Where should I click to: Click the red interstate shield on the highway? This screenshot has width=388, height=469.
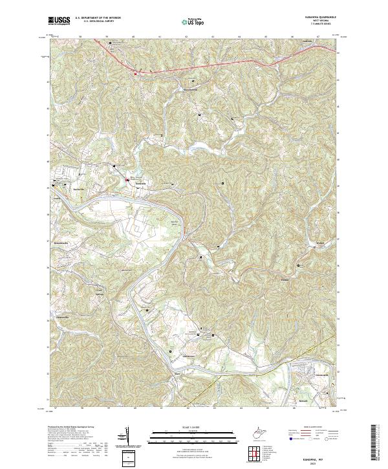click(135, 72)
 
